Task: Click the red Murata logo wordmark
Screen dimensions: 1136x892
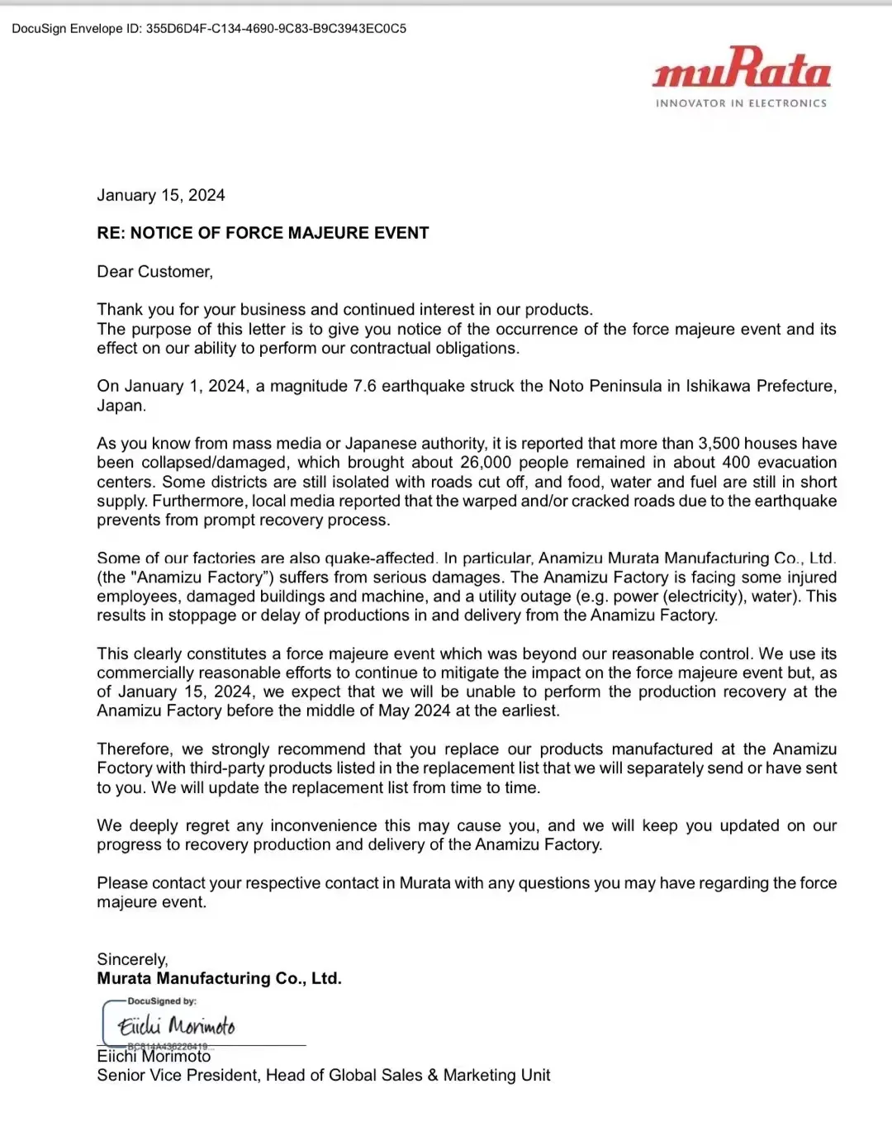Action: click(741, 68)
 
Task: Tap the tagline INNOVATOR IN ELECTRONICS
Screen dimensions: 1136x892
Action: click(741, 103)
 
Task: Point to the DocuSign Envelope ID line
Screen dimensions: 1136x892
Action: click(209, 28)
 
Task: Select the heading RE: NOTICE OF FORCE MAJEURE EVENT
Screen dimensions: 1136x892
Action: click(263, 233)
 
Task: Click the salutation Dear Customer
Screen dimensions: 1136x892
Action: click(154, 272)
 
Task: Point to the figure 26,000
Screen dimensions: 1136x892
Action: click(486, 463)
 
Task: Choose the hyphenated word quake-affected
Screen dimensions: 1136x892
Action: click(381, 558)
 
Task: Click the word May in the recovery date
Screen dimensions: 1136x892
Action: click(393, 711)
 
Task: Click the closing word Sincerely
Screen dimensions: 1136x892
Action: click(132, 959)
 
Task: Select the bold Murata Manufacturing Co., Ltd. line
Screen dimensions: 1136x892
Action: click(219, 978)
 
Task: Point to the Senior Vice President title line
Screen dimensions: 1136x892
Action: click(323, 1075)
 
